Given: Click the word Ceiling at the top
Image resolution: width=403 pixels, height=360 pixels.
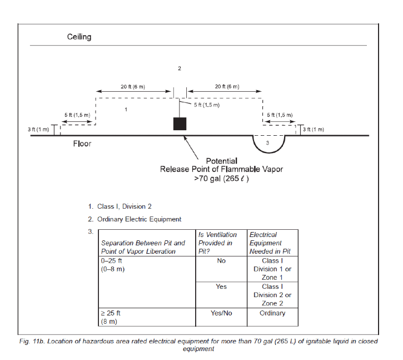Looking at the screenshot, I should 79,37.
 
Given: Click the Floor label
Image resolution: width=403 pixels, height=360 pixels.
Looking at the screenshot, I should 82,144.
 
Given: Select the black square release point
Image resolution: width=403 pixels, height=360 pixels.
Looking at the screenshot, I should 179,124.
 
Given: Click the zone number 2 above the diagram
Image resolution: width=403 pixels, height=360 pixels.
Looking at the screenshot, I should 179,68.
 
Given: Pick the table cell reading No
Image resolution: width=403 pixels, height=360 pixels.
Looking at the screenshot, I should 221,261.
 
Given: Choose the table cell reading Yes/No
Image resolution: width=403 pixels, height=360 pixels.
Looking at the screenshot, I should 221,313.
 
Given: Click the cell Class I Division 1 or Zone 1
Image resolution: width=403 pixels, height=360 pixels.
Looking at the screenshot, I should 272,269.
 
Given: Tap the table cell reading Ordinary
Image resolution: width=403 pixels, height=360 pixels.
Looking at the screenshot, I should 272,313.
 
